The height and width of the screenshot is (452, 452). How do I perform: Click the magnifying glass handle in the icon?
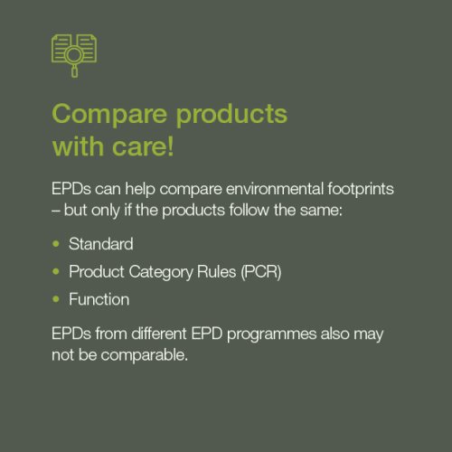(74, 71)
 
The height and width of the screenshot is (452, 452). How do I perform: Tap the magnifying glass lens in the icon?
(74, 55)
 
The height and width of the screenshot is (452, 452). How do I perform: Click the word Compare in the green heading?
(109, 115)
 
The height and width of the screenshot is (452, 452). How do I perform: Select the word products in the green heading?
(231, 115)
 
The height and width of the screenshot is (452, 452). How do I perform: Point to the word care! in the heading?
(143, 146)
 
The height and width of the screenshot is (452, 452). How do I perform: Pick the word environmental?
(275, 189)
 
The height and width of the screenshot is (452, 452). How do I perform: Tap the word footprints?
(361, 190)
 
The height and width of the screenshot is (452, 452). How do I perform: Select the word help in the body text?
(140, 190)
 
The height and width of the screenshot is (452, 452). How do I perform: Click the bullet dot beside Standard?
(56, 244)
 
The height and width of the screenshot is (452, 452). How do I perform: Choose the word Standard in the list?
(101, 244)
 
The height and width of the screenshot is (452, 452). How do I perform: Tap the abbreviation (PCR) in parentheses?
(261, 272)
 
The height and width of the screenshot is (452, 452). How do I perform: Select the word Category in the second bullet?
(161, 272)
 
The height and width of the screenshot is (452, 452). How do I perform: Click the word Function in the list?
(99, 299)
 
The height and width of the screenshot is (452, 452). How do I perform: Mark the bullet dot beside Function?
(56, 299)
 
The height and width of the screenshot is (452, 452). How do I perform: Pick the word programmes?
(271, 334)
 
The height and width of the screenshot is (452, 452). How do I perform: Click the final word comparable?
(145, 355)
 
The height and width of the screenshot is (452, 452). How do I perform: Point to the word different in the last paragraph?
(159, 334)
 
